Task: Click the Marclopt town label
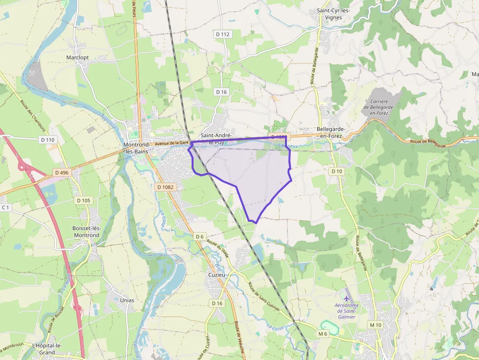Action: coord(77,57)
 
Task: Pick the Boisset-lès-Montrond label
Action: coord(86,232)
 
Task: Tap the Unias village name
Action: coord(127,300)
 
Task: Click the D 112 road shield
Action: coord(222,34)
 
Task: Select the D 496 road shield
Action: coord(62,172)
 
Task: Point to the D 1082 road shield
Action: coord(166,187)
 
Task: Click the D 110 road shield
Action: coord(47,140)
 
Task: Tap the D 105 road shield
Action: coord(84,200)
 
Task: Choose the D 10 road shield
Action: coord(337,171)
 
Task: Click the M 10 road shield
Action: coord(375,325)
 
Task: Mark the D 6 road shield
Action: coord(199,236)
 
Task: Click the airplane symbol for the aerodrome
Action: coord(347,298)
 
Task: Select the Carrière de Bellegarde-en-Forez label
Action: coord(376,107)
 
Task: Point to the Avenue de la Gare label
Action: coord(172,143)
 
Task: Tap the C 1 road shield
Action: coord(5,208)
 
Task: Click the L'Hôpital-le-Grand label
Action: coord(46,349)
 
